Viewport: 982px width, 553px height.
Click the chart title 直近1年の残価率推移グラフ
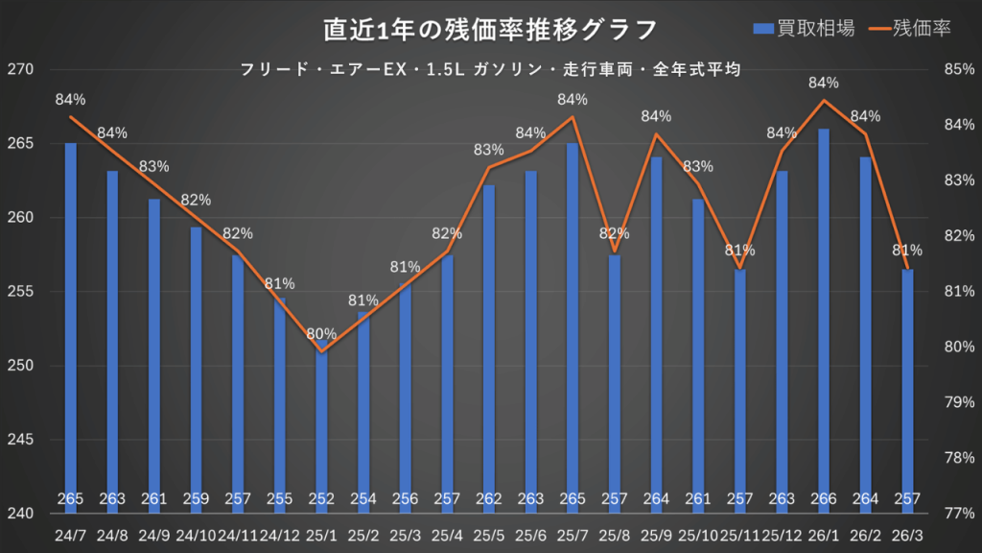coord(490,29)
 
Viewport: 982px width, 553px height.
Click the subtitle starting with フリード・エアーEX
coord(491,69)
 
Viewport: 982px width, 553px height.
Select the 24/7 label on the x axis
coord(70,534)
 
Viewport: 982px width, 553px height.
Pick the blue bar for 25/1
coord(321,432)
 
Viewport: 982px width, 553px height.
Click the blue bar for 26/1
coord(824,317)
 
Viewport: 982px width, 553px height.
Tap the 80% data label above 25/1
coord(321,334)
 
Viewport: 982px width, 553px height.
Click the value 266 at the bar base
coord(824,499)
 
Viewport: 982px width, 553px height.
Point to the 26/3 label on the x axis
coord(907,534)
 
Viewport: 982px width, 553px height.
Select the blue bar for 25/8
coord(615,384)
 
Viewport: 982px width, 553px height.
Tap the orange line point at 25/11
coord(739,268)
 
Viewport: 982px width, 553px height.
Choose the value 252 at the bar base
coord(321,499)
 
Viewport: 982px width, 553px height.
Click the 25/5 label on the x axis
coord(489,534)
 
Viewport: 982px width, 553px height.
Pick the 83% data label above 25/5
coord(489,150)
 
